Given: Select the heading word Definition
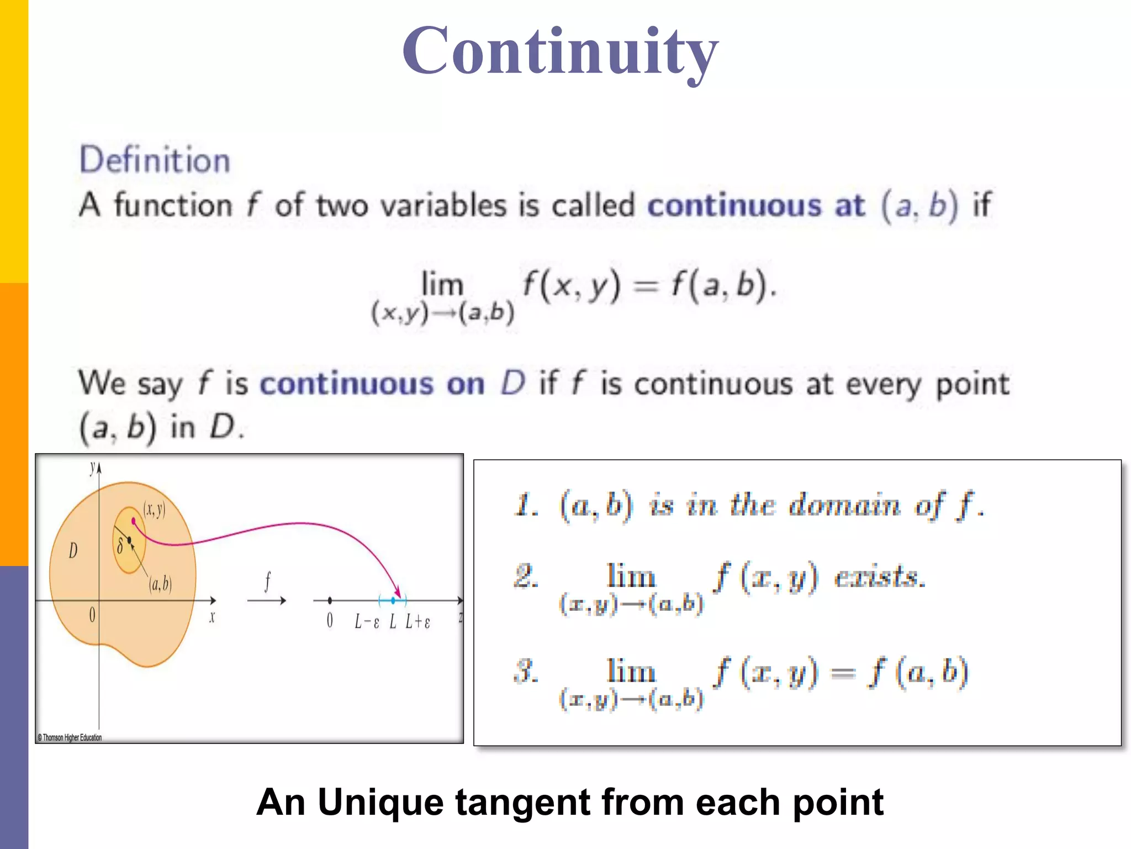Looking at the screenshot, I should click(155, 160).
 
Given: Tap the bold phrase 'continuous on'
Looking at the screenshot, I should click(372, 384).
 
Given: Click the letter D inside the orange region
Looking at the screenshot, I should click(73, 551).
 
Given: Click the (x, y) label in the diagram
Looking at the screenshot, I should click(154, 509).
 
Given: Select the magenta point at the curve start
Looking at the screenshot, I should click(133, 521).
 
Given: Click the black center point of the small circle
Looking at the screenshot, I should click(129, 540).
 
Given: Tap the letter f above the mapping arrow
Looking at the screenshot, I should click(267, 581).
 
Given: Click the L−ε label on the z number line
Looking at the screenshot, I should click(367, 622).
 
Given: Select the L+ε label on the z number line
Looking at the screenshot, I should click(417, 622).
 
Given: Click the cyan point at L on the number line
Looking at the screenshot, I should click(393, 600).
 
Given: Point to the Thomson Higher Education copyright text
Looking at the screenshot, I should click(70, 737).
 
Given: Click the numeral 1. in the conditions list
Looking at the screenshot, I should click(526, 505).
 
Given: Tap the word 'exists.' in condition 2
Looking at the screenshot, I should click(880, 578).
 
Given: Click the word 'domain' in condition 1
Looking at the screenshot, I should click(844, 505).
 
